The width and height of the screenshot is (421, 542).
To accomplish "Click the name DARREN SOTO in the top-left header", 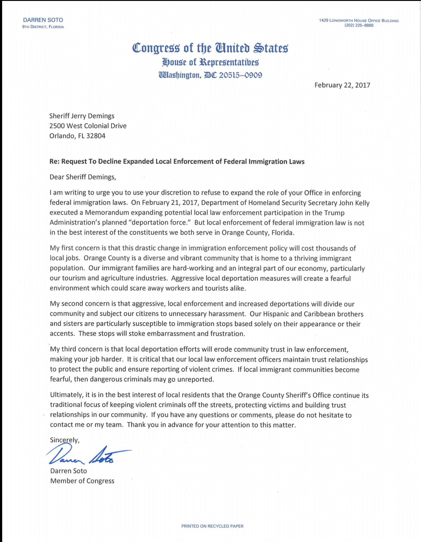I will click(43, 20).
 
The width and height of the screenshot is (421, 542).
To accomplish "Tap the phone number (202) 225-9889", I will click(359, 25).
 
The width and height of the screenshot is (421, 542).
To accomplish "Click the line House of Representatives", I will click(210, 62).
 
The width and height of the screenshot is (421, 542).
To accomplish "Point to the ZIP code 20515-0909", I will click(240, 75).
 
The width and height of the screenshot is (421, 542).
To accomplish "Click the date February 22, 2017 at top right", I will click(342, 85).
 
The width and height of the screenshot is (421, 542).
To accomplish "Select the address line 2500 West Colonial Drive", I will click(88, 126).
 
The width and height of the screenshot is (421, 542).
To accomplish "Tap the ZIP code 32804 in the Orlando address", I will click(96, 136).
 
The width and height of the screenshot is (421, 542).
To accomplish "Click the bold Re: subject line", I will click(177, 161).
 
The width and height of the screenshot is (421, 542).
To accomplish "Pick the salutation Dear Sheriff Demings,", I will click(83, 177).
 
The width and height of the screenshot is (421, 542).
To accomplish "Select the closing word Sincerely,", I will click(65, 440).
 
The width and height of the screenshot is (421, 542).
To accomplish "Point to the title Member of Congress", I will click(82, 481).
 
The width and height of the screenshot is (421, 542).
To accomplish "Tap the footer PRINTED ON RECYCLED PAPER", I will click(212, 526).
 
